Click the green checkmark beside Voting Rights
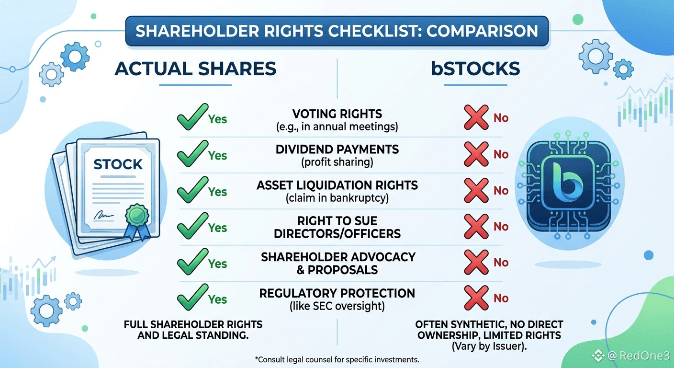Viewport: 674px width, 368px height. pos(192,117)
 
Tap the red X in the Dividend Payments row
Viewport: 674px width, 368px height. pos(476,154)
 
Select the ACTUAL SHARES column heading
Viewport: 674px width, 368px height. pos(195,69)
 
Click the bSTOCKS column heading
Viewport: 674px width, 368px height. pos(475,69)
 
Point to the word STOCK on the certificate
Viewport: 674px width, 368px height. pos(118,164)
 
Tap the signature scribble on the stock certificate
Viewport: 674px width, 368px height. pos(103,215)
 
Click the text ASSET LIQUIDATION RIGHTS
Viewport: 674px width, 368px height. pos(337,185)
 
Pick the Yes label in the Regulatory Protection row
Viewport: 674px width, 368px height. pos(217,299)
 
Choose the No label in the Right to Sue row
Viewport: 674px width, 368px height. pos(501,227)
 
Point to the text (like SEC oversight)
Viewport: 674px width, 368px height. pos(337,306)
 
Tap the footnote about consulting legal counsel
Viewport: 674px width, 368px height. pos(337,359)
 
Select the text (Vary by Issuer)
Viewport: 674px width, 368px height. pos(489,346)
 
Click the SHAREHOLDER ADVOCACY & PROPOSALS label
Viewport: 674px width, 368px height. pos(338,263)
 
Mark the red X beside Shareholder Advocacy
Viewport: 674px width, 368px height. pos(476,262)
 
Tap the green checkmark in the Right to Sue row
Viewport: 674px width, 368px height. pos(192,226)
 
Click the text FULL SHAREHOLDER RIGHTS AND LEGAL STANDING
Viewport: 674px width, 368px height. pos(193,330)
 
